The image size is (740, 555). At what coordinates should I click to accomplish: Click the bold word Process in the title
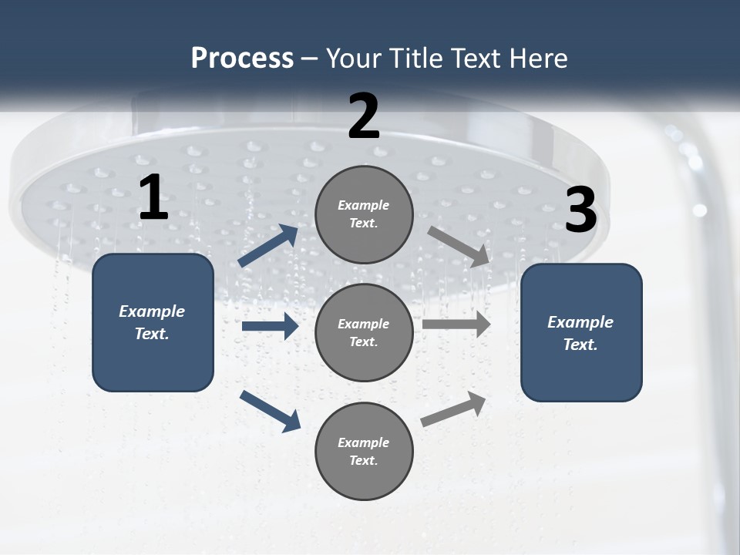point(242,58)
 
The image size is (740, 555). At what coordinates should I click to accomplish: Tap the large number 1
point(153,198)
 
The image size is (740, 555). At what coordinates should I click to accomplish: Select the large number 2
point(364,116)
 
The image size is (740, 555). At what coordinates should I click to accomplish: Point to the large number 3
point(580,210)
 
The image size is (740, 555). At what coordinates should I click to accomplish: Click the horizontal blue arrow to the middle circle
point(270,326)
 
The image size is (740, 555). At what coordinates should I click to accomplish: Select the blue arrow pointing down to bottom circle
point(270,411)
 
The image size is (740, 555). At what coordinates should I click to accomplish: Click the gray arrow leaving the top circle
point(459,246)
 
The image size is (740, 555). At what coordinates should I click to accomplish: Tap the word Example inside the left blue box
point(152,311)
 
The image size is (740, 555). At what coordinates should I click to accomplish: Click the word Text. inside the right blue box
point(580,345)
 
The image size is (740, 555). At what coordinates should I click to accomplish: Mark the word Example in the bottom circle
point(364,442)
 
